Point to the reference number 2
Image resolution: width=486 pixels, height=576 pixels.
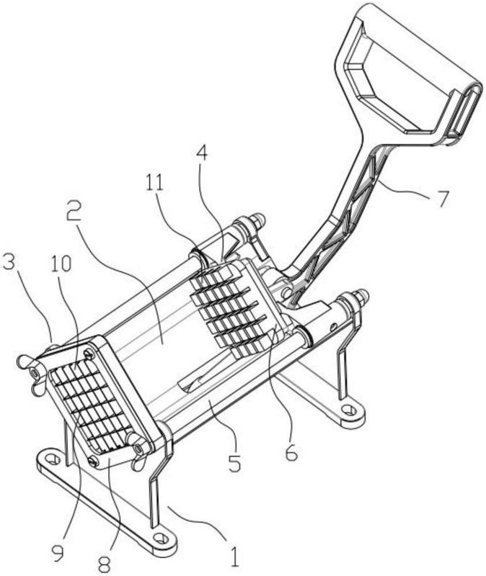(75, 212)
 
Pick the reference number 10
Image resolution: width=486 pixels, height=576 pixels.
(61, 264)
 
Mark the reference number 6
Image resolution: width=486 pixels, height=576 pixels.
(291, 453)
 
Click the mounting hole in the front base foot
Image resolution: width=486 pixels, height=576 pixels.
(161, 539)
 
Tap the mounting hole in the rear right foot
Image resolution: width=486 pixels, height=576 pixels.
(348, 409)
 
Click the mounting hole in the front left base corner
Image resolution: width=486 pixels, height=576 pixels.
(53, 459)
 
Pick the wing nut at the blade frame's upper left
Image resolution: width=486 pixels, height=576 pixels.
(32, 374)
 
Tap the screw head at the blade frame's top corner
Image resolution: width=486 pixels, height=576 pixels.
(89, 354)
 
